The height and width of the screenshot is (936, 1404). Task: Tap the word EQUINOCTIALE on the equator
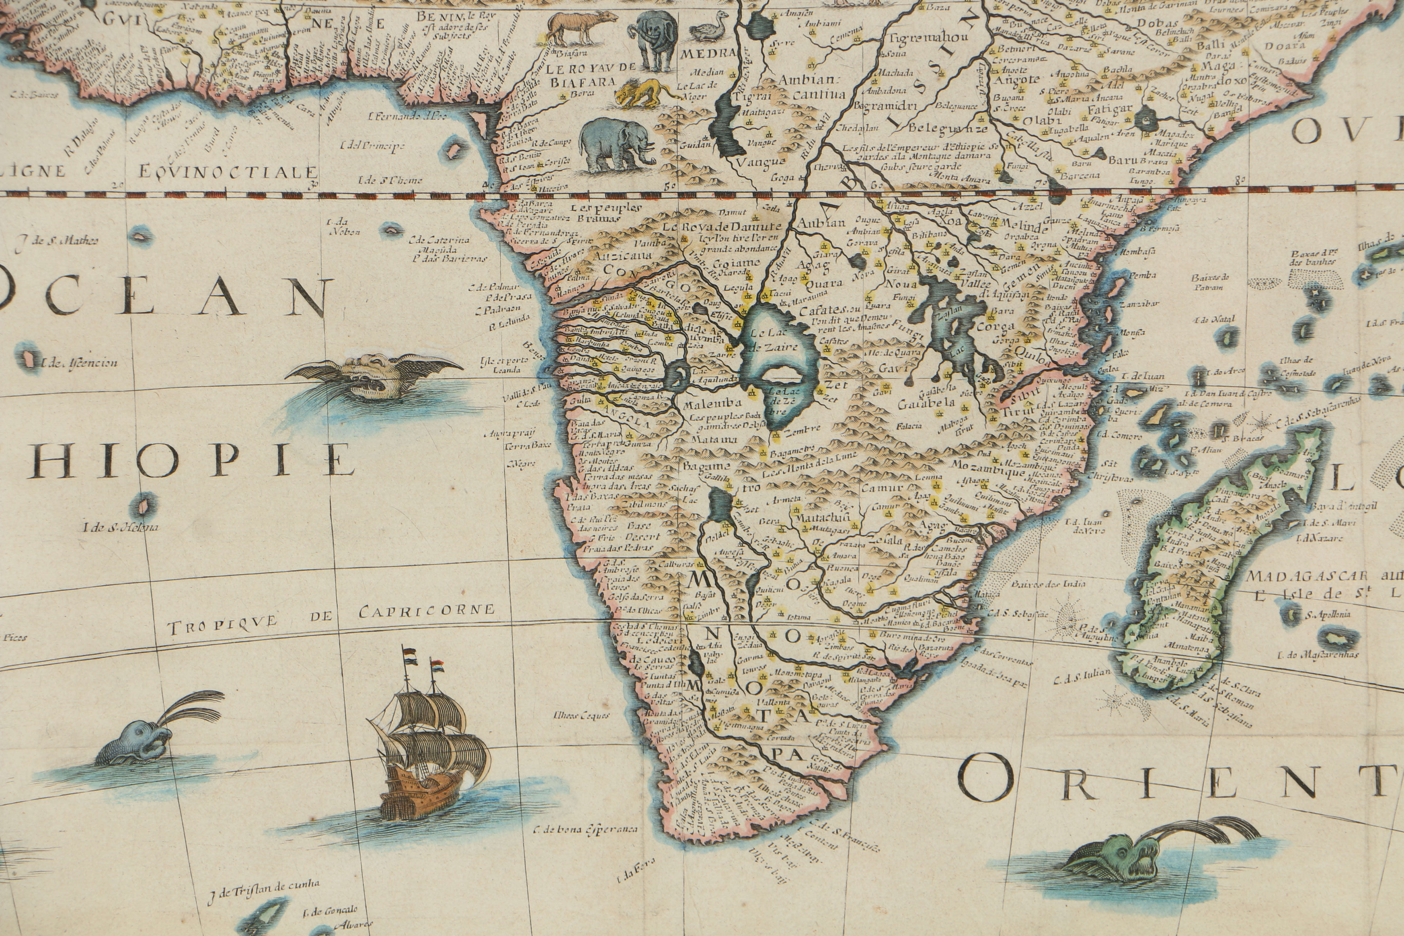tap(227, 172)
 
